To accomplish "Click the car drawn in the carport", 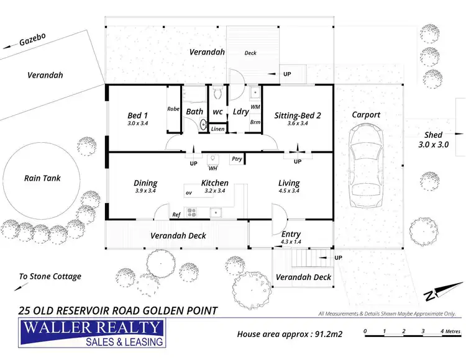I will pyautogui.click(x=365, y=166).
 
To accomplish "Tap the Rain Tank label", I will pyautogui.click(x=42, y=178).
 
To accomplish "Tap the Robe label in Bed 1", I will pyautogui.click(x=173, y=109).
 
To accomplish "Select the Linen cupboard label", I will pyautogui.click(x=217, y=129).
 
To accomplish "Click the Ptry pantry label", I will pyautogui.click(x=236, y=159).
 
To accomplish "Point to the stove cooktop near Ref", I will pyautogui.click(x=192, y=213).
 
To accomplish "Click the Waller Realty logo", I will pyautogui.click(x=92, y=333).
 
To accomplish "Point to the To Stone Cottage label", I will pyautogui.click(x=50, y=276).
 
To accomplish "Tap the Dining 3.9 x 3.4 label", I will pyautogui.click(x=145, y=187).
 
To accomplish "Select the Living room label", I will pyautogui.click(x=289, y=187).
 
